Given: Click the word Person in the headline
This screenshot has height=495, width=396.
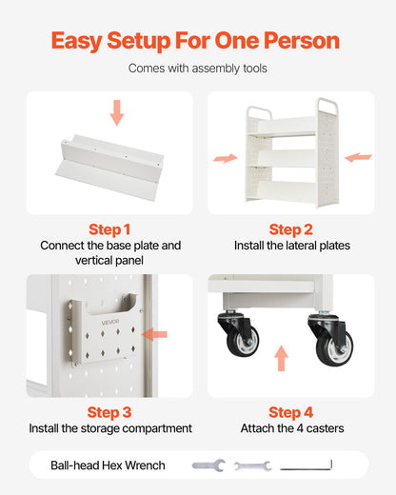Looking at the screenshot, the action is point(302,41).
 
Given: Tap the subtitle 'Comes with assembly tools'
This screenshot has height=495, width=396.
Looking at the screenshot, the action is point(198,69).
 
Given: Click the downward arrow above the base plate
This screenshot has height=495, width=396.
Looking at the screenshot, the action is point(117,112).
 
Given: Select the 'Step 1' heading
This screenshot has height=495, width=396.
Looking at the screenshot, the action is point(109,229).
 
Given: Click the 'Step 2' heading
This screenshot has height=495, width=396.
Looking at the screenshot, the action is point(291,229).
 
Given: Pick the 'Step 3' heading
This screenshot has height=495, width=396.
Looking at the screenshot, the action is point(109,412).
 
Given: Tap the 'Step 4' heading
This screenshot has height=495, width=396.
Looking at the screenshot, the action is point(291,412).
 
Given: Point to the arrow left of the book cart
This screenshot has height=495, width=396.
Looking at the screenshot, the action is point(226,158).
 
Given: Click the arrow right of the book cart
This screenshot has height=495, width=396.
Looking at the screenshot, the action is point(358,157).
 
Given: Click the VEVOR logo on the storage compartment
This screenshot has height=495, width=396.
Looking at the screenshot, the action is point(110,323).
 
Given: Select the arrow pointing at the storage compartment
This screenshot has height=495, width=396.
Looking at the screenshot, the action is point(154,334).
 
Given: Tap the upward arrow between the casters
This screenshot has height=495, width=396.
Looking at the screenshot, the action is point(281,358).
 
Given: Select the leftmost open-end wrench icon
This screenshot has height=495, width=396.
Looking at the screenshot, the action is point(208,465).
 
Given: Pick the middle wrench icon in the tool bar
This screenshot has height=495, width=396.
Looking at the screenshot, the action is point(253,465).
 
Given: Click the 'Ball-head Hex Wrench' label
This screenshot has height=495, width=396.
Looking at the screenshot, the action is point(108,465).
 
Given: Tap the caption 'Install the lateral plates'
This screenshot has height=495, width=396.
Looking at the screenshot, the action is point(292,246).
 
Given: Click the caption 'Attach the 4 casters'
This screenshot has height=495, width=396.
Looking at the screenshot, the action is point(292,428).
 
